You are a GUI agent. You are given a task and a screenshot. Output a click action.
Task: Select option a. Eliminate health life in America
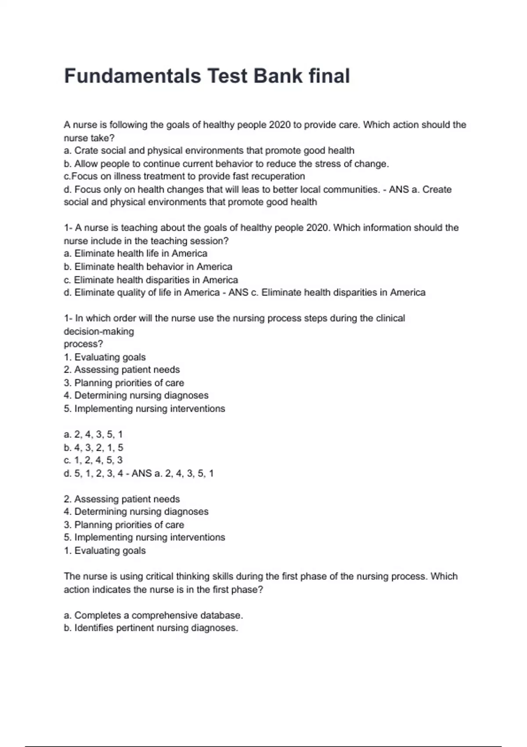click(135, 254)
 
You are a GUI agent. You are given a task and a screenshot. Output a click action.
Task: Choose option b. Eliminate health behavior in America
click(148, 267)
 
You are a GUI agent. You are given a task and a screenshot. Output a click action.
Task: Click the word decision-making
click(99, 331)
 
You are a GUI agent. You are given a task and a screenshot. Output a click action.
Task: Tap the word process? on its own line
click(83, 344)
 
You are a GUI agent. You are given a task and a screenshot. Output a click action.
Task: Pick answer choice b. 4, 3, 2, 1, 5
click(94, 448)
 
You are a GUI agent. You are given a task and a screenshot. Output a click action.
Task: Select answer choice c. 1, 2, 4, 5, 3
click(93, 461)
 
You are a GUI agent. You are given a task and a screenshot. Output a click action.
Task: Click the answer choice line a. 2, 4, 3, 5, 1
click(93, 435)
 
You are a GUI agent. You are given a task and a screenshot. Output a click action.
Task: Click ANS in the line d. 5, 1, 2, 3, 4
click(141, 474)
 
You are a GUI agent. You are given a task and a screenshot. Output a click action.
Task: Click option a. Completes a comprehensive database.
click(153, 616)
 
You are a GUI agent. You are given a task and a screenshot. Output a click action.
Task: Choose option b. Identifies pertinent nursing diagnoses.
click(151, 628)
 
